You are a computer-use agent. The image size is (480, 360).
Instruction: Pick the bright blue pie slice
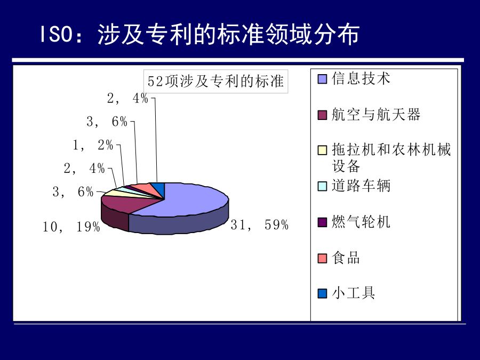[x=159, y=187]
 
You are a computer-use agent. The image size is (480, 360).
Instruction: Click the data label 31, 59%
[x=260, y=225]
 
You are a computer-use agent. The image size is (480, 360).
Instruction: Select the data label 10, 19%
[x=71, y=227]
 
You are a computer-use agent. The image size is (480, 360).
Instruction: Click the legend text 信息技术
[x=361, y=78]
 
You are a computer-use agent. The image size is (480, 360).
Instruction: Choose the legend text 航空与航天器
[x=376, y=115]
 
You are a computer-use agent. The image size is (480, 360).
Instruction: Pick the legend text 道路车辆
[x=361, y=186]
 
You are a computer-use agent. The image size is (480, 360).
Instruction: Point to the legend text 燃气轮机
[x=361, y=222]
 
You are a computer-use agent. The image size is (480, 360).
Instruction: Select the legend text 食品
[x=346, y=258]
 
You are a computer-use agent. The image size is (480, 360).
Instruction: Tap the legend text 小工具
[x=354, y=293]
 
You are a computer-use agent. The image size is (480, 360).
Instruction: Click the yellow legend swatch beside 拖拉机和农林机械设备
[x=322, y=150]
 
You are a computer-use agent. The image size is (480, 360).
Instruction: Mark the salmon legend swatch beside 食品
[x=322, y=258]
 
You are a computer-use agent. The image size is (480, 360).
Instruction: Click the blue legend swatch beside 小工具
[x=322, y=293]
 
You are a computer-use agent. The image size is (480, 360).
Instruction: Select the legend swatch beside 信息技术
[x=322, y=79]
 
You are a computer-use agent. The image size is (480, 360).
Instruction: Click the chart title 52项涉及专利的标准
[x=216, y=82]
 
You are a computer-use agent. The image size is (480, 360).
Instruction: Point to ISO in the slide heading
[x=57, y=34]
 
